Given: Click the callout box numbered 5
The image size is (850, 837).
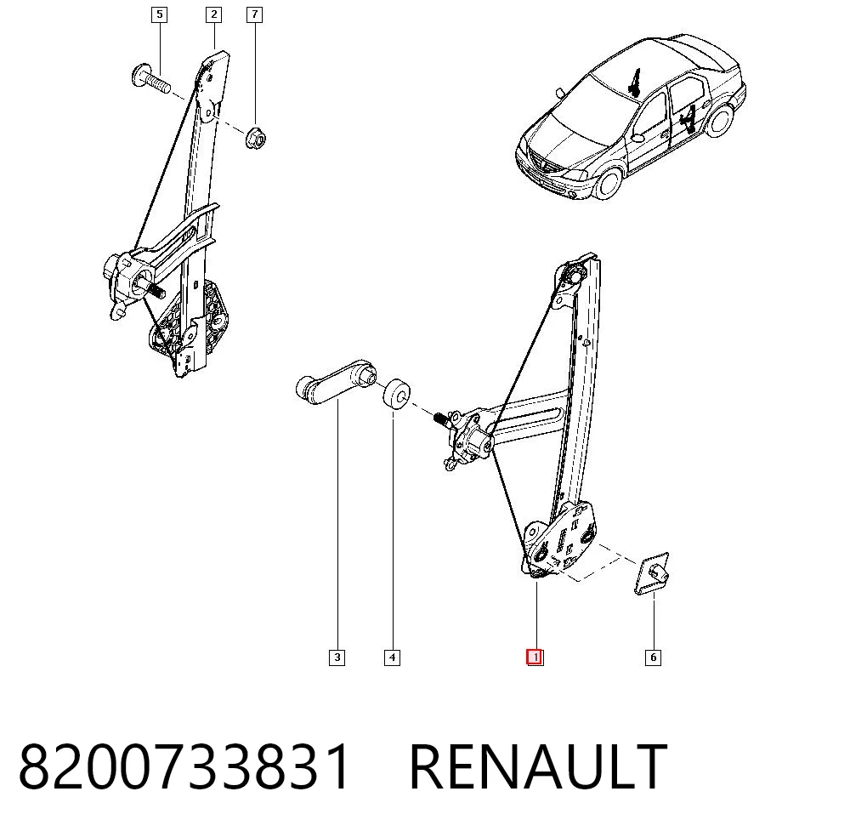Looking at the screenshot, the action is point(159,14).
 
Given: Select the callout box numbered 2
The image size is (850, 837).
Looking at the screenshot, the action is point(213,14).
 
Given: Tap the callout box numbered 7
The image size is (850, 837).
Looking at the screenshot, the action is point(254,14).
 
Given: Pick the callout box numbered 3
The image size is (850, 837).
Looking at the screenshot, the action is point(337,658).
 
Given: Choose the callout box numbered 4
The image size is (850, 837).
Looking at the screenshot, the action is point(392,658).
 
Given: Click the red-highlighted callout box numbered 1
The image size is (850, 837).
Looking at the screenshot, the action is point(535,658).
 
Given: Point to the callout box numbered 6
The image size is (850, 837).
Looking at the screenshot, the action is point(653,658).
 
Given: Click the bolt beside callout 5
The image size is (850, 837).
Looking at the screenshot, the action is point(151,79).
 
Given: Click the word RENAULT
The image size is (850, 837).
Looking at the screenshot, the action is point(538,767).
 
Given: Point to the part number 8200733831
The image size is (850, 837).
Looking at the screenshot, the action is point(184,767).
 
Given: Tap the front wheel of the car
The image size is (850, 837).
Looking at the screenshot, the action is point(609,183).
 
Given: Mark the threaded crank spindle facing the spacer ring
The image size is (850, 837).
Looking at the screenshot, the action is point(440,419).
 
